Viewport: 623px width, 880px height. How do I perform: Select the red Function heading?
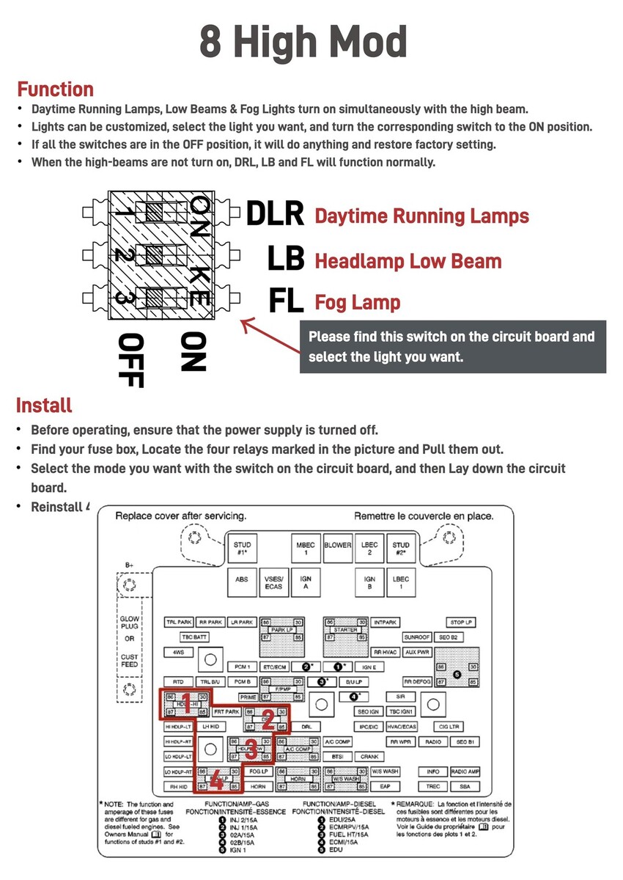(x=55, y=89)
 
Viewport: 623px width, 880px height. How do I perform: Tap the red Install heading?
(x=44, y=405)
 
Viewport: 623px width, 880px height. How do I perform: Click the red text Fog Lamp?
(x=357, y=302)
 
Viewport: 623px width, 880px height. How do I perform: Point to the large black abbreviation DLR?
(x=274, y=213)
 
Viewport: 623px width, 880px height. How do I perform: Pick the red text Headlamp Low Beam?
(x=408, y=261)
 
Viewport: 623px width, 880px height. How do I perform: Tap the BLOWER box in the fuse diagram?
(x=337, y=546)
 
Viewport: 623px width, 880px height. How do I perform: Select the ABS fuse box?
(x=242, y=579)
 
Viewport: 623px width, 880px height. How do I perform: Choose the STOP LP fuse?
(x=461, y=623)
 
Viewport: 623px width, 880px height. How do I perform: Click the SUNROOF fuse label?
(x=416, y=637)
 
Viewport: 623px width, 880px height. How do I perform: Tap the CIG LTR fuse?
(x=449, y=727)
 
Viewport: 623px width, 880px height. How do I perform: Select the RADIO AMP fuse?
(x=464, y=771)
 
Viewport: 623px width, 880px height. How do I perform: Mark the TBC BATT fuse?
(x=195, y=637)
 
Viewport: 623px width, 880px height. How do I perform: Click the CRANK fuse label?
(x=369, y=756)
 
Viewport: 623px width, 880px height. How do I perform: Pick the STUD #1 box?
(x=242, y=549)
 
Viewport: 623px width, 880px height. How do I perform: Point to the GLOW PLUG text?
(x=129, y=623)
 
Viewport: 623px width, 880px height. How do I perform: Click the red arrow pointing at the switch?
(x=268, y=334)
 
